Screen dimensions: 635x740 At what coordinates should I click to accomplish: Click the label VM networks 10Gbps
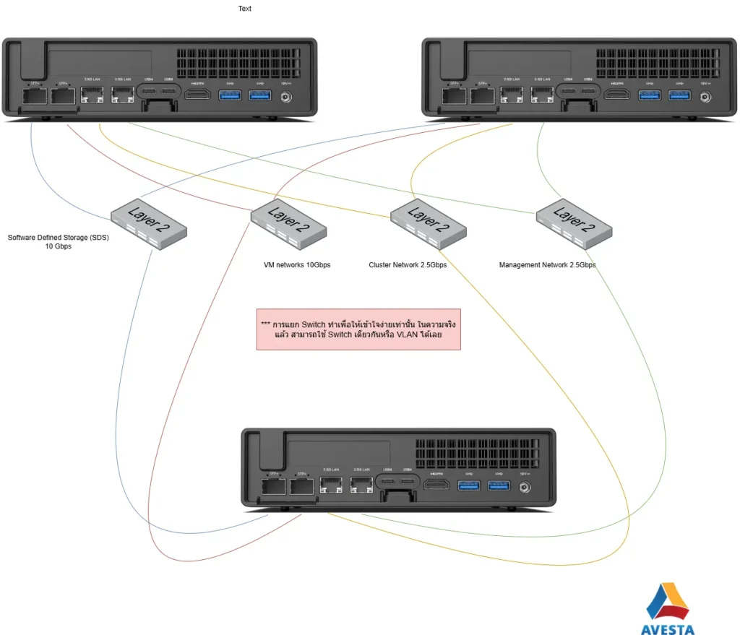[x=297, y=265]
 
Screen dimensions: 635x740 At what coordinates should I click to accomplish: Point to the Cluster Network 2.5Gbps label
[x=408, y=265]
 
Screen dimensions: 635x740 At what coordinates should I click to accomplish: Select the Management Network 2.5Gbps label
[x=547, y=265]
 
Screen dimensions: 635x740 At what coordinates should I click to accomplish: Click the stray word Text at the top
[x=245, y=9]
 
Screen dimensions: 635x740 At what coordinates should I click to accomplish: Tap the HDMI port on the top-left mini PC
[x=197, y=95]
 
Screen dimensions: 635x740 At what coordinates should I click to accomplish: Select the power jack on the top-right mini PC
[x=705, y=95]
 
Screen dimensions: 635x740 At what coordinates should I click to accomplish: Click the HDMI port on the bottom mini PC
[x=436, y=485]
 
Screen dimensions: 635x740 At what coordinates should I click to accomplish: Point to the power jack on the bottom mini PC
[x=524, y=486]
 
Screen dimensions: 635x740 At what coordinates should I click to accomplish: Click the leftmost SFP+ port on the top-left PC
[x=33, y=97]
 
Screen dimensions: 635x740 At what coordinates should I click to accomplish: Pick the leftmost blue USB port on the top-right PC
[x=648, y=95]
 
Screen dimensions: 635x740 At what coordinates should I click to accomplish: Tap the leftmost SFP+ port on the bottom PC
[x=272, y=487]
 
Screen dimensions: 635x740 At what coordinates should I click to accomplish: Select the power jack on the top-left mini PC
[x=285, y=95]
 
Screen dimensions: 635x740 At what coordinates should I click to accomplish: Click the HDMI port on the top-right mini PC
[x=616, y=95]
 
